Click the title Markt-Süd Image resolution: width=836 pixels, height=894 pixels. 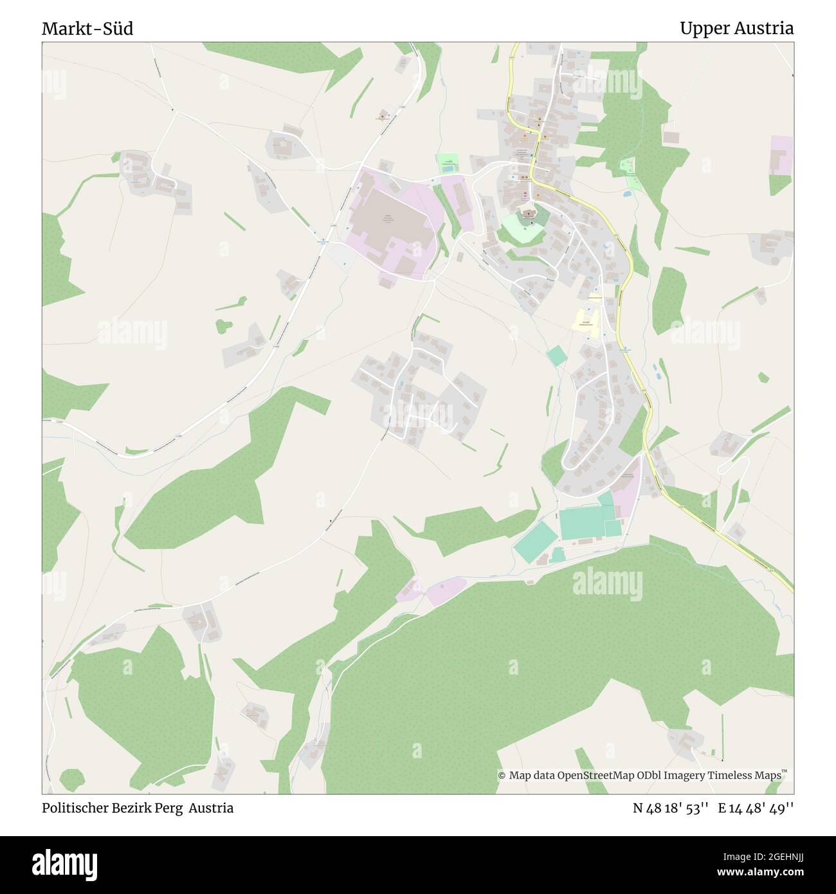click(87, 29)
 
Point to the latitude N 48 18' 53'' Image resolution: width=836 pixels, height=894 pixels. click(671, 808)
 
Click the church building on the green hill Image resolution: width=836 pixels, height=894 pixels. click(527, 214)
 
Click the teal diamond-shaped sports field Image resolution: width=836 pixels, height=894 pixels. click(535, 542)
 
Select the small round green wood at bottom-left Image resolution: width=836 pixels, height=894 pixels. click(71, 780)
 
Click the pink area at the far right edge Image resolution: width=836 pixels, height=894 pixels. click(781, 156)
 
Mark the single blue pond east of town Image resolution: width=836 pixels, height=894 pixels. click(627, 192)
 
